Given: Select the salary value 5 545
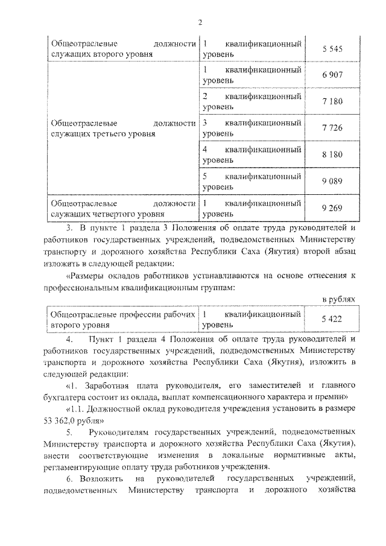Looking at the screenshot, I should (332, 49).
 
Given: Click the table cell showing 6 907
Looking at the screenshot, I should (332, 75).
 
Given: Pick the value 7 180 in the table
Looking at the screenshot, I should (332, 101).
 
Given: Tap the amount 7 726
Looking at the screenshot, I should (332, 128).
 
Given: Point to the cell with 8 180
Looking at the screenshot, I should (332, 154).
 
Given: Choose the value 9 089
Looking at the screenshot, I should (332, 181).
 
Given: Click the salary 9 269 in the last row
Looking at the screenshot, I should (332, 208).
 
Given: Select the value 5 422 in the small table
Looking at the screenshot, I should (332, 319).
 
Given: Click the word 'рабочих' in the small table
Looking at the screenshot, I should (181, 314).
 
